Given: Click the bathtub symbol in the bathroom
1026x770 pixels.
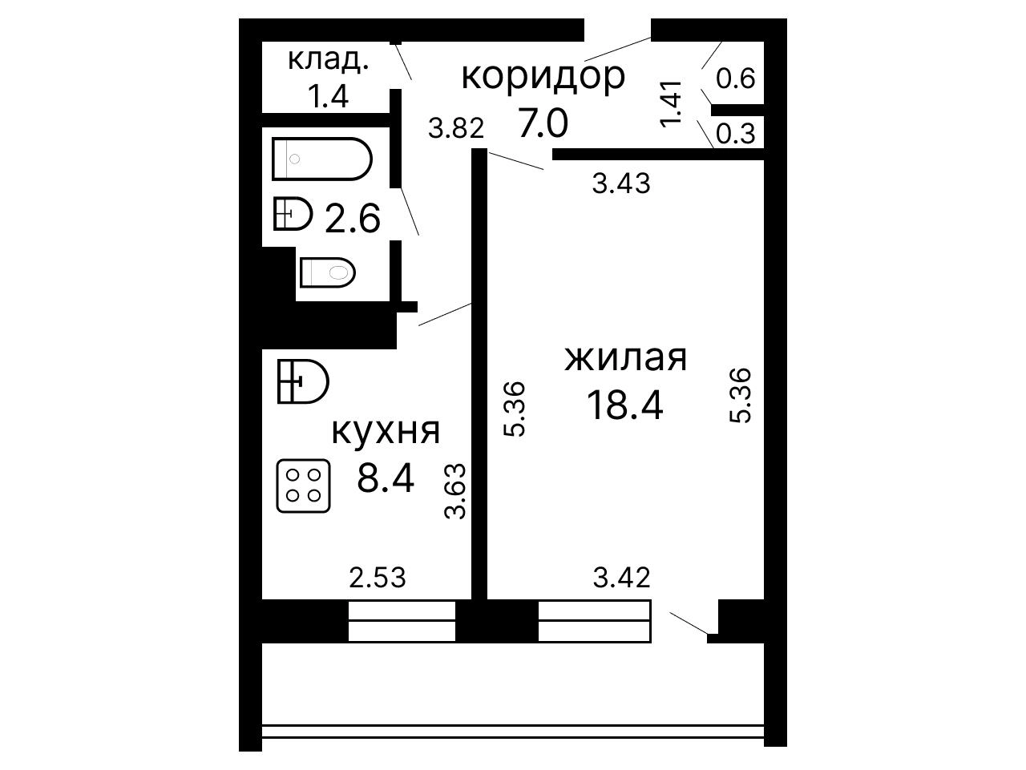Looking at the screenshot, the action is click(322, 159).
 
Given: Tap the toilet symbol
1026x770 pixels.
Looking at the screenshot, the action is click(328, 272).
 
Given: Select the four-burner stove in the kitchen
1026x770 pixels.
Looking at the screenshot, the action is click(303, 486).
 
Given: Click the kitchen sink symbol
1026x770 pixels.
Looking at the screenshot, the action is click(303, 381).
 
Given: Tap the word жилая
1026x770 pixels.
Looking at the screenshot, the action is click(626, 358).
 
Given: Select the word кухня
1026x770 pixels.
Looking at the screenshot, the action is click(386, 431).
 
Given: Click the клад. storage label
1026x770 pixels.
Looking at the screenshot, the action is click(328, 60).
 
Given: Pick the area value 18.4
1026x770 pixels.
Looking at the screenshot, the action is click(625, 405).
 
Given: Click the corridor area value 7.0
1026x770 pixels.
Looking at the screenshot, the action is click(543, 123).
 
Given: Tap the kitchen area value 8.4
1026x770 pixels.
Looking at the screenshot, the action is click(386, 478).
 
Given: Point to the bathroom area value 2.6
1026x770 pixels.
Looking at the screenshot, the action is click(353, 218).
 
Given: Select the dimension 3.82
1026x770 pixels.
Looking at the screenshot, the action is click(456, 128).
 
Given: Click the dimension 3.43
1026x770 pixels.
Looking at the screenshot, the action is click(621, 183).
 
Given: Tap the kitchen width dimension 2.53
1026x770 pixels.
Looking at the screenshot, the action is click(378, 578).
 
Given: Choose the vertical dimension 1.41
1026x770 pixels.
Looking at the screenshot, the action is click(671, 103).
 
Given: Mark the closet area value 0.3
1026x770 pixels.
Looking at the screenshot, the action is click(735, 134).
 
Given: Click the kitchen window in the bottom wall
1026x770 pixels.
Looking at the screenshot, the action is click(402, 621).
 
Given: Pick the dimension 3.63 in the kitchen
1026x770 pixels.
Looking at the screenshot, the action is click(454, 490).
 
